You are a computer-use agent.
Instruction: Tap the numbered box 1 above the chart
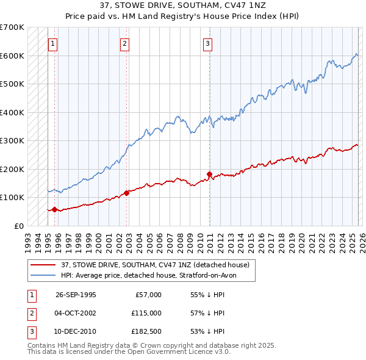(x=53, y=43)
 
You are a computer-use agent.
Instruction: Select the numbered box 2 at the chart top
(x=124, y=43)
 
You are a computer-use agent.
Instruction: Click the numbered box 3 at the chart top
(x=208, y=43)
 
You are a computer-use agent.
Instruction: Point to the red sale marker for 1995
(x=55, y=209)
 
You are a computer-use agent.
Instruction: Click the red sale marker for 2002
(x=126, y=193)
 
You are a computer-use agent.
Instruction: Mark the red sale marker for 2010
(x=209, y=174)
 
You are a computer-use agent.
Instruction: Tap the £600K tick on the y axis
(x=12, y=56)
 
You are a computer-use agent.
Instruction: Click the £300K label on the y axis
(x=12, y=140)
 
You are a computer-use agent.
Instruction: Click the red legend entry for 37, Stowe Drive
(x=155, y=265)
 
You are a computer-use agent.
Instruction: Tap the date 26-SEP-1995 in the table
(x=76, y=295)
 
